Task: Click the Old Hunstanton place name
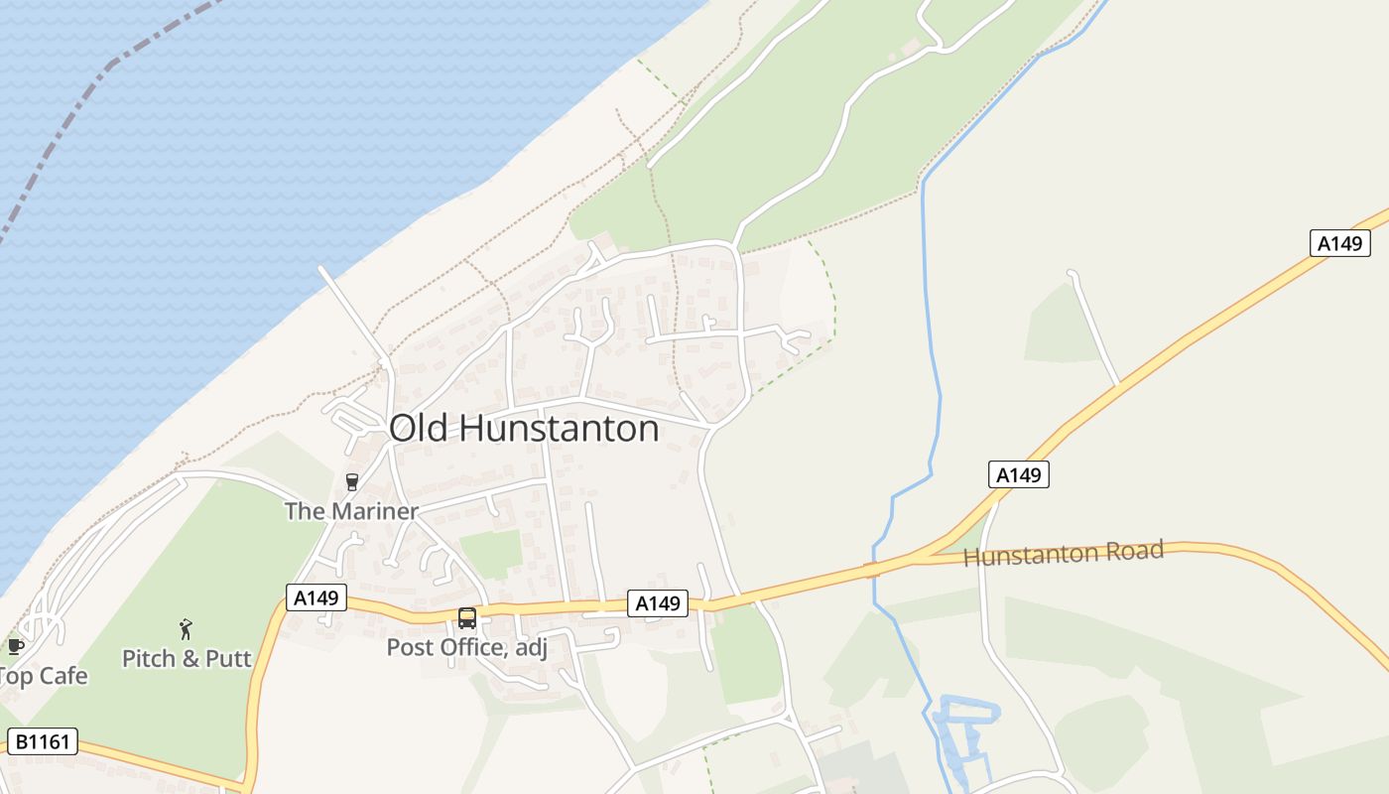[524, 429]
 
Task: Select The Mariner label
[351, 511]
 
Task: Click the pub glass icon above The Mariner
[351, 482]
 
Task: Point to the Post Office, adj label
[466, 648]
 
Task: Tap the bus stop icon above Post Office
[466, 618]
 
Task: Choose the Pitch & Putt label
[187, 658]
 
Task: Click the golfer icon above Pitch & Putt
[186, 628]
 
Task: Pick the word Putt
[229, 658]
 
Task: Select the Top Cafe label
[44, 677]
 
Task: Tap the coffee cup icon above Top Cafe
[15, 646]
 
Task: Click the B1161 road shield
[42, 741]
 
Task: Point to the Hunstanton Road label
[1063, 553]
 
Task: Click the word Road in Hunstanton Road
[1135, 550]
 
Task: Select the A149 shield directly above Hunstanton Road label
[1019, 475]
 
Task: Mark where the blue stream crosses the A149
[872, 570]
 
